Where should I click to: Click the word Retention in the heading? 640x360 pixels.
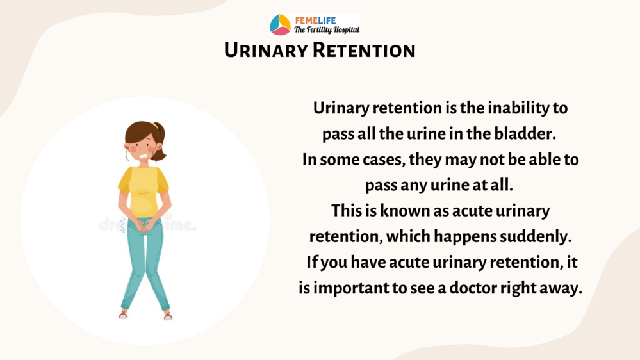[x=364, y=51]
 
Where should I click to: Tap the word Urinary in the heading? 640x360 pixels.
[x=266, y=51]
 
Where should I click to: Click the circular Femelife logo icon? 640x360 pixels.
[x=280, y=24]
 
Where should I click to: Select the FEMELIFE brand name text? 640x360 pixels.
[x=315, y=20]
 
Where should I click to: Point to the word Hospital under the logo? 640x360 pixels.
[x=347, y=30]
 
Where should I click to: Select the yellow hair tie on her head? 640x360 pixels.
[x=153, y=125]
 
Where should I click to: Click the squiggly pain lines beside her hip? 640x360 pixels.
[x=122, y=225]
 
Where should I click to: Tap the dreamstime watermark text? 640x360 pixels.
[x=147, y=224]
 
